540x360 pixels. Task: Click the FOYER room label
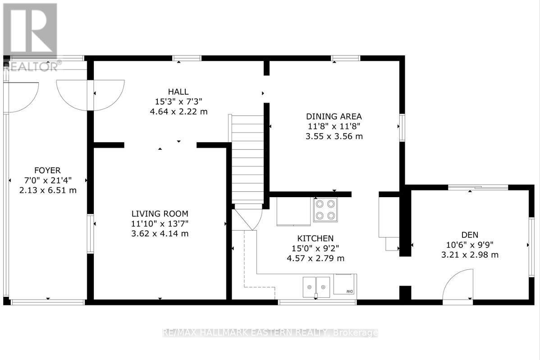pos(47,170)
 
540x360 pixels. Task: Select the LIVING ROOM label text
pos(160,213)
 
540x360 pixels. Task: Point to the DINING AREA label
pos(334,116)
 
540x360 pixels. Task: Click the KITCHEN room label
pos(315,238)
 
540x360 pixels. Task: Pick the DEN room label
pos(470,235)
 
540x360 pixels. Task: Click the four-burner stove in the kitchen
pos(325,210)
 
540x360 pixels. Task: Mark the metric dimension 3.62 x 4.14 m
pos(160,233)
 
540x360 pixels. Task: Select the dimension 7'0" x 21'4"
pos(47,180)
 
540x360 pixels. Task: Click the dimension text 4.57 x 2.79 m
pos(315,258)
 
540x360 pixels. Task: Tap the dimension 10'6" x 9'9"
pos(470,245)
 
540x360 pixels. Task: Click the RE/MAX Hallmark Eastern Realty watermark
pos(270,333)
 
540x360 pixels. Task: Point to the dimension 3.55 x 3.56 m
pos(334,136)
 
